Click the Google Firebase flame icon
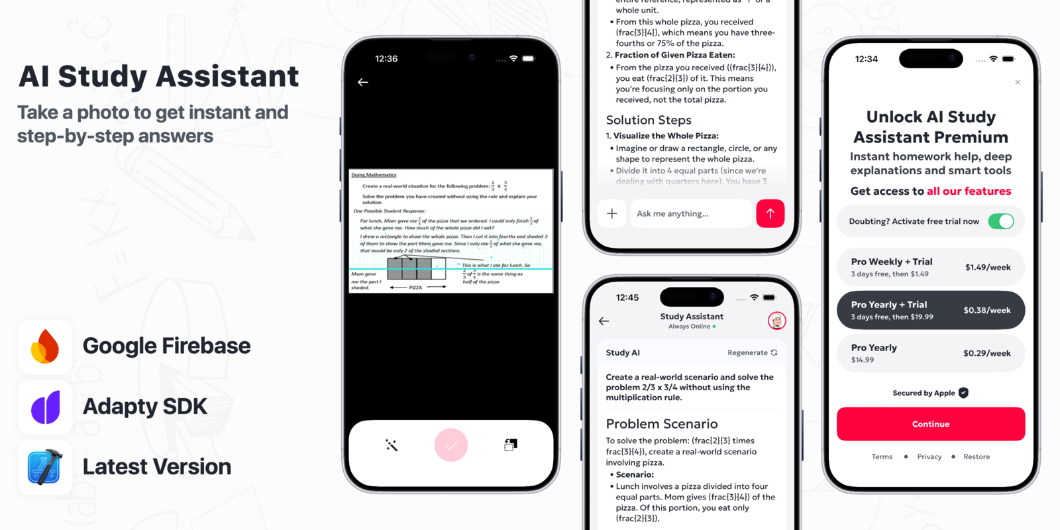(45, 346)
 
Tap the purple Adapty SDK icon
(45, 407)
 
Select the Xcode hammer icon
(45, 467)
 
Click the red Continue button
(930, 424)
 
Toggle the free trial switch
(1000, 221)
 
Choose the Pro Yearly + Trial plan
(930, 310)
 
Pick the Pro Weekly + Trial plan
(930, 267)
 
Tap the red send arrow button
(770, 213)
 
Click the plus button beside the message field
(611, 213)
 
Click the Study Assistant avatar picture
(776, 321)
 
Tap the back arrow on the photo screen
(362, 82)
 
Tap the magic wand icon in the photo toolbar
(392, 445)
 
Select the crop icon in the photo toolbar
(510, 445)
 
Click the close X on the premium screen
(1018, 82)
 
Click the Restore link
(977, 457)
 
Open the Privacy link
(929, 457)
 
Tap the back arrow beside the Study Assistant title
(604, 321)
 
